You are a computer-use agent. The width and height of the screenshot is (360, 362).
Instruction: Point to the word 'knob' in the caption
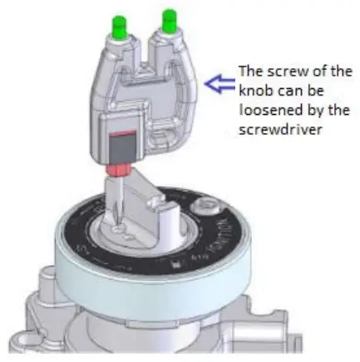254,91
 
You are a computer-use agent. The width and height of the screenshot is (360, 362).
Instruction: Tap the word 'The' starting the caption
250,70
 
